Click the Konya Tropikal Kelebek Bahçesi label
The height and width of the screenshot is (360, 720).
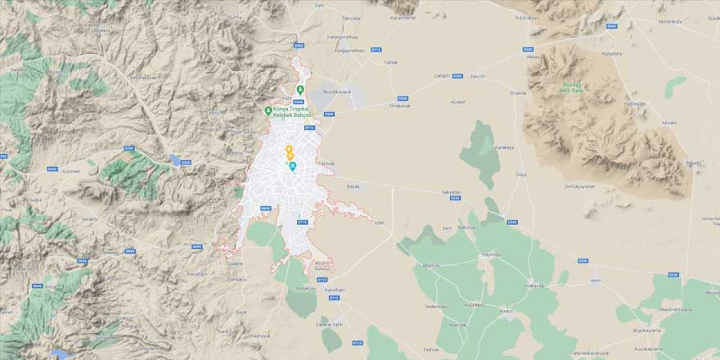pyautogui.click(x=292, y=111)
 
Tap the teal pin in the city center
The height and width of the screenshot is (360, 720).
pyautogui.click(x=292, y=166)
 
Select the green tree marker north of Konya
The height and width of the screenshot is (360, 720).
pyautogui.click(x=300, y=89)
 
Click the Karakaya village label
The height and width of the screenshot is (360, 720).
pyautogui.click(x=504, y=147)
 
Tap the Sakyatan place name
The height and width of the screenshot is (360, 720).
pyautogui.click(x=451, y=192)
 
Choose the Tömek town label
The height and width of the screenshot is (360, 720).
pyautogui.click(x=390, y=62)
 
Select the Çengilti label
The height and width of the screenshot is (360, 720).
pyautogui.click(x=443, y=75)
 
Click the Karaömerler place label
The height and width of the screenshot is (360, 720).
pyautogui.click(x=403, y=17)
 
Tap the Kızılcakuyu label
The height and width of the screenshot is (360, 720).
pyautogui.click(x=527, y=17)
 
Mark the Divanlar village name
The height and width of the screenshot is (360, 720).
pyautogui.click(x=517, y=93)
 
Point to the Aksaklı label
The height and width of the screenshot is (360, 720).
pyautogui.click(x=654, y=122)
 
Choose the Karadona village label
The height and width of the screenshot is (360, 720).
pyautogui.click(x=612, y=53)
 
